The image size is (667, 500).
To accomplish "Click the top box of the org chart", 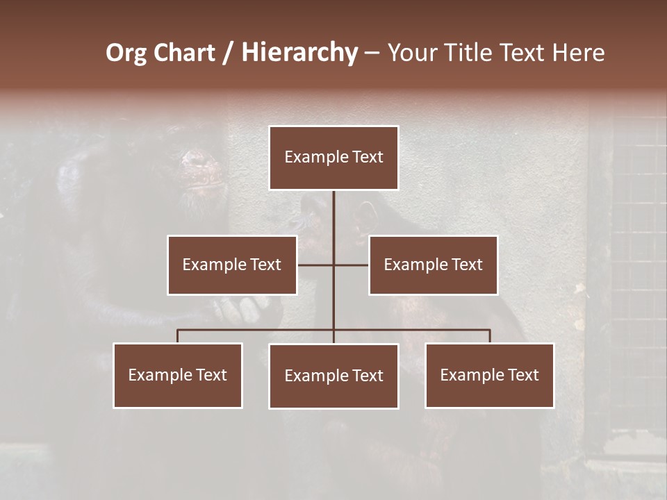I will (x=333, y=158).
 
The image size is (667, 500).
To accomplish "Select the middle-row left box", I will (x=232, y=265).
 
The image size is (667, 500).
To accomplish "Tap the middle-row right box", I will (x=433, y=265).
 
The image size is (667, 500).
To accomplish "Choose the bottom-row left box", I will (x=178, y=375).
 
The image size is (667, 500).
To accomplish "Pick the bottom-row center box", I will (x=333, y=376).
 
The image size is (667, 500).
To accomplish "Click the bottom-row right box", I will (x=489, y=375).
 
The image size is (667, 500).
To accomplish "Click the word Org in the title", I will (x=126, y=53).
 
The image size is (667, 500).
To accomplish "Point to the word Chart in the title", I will (x=184, y=53).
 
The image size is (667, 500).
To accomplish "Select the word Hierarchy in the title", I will (x=299, y=53).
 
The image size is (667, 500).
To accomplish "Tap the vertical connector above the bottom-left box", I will (x=178, y=336).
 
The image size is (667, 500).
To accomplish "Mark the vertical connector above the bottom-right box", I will (x=489, y=336).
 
